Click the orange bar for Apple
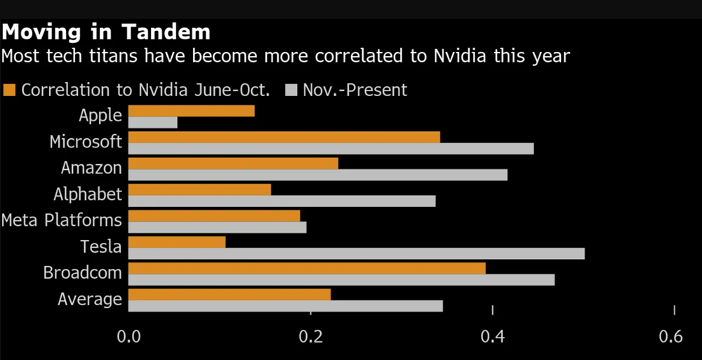pyautogui.click(x=191, y=110)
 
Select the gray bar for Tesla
pyautogui.click(x=356, y=253)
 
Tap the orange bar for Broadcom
pyautogui.click(x=307, y=268)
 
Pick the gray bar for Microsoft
pyautogui.click(x=331, y=148)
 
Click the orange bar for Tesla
pyautogui.click(x=177, y=241)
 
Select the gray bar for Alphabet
pyautogui.click(x=282, y=201)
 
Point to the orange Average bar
pyautogui.click(x=230, y=295)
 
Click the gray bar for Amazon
pyautogui.click(x=317, y=175)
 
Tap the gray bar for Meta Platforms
pyautogui.click(x=217, y=227)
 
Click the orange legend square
pyautogui.click(x=9, y=90)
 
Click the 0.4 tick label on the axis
pyautogui.click(x=493, y=337)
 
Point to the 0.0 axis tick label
pyautogui.click(x=129, y=337)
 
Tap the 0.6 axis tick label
pyautogui.click(x=670, y=337)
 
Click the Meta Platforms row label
pyautogui.click(x=62, y=220)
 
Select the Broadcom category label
pyautogui.click(x=82, y=272)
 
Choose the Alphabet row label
pyautogui.click(x=88, y=194)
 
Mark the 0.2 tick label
pyautogui.click(x=310, y=337)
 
